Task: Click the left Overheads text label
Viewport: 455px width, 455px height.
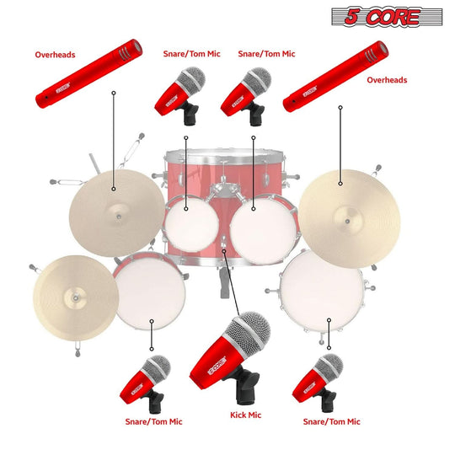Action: pos(55,56)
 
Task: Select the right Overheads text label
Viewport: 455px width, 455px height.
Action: pos(387,80)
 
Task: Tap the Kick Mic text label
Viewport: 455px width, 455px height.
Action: pos(245,415)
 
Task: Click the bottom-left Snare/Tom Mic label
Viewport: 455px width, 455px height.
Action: pos(153,421)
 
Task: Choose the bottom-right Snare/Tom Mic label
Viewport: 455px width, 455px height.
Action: pos(331,421)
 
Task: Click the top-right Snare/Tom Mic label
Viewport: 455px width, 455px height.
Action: pos(266,54)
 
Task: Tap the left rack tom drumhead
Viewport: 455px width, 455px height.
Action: pos(190,222)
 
